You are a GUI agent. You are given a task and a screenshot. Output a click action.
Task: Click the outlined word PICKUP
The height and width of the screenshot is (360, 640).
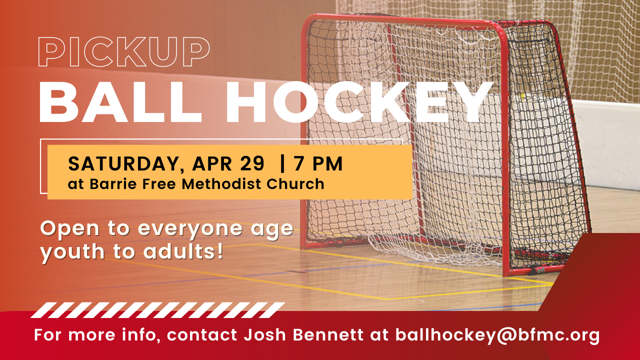pos(124,51)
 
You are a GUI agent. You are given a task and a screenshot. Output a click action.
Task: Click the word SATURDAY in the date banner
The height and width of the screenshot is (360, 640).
pos(123,164)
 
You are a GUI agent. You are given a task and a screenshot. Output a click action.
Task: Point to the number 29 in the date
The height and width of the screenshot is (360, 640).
pos(252,163)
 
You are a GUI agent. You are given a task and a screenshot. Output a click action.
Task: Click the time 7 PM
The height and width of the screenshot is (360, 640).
pos(318,163)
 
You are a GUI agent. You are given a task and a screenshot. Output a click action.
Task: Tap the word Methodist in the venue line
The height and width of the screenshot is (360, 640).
pos(221,183)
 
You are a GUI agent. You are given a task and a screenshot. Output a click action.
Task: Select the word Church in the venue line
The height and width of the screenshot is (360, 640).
pos(295,183)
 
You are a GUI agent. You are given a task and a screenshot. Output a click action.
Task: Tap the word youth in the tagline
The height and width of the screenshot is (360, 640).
pos(72,252)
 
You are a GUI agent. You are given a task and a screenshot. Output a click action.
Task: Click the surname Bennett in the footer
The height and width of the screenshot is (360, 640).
pos(328,334)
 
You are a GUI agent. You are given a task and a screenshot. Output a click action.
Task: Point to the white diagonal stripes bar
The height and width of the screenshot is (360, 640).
pos(157,310)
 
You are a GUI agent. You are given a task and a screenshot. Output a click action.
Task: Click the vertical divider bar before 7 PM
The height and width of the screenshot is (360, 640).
pos(282,163)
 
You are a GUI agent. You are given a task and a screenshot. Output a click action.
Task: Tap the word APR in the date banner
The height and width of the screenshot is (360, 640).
pos(211,163)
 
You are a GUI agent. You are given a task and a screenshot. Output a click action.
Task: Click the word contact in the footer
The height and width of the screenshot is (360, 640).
pos(202,335)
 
